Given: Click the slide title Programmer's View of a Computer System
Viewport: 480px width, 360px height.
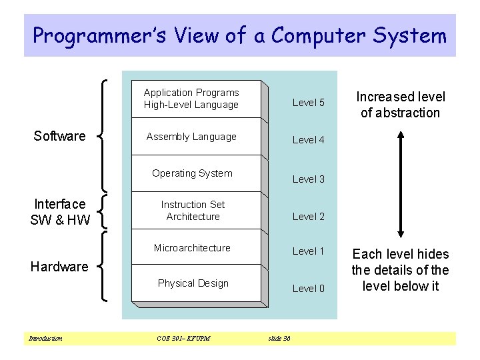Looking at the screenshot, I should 239,35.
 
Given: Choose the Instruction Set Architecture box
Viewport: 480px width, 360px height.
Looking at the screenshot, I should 193,211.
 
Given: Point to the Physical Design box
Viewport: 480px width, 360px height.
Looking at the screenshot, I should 193,283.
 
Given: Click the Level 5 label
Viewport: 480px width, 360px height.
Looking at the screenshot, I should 308,103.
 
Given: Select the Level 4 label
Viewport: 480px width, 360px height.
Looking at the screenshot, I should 308,140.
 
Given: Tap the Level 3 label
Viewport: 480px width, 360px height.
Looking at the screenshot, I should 308,179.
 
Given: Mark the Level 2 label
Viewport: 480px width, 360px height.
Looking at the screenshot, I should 308,216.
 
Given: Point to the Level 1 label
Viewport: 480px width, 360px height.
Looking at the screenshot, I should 308,251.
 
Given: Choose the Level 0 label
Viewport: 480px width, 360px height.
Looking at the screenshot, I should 308,289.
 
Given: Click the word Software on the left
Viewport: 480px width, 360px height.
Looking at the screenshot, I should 59,136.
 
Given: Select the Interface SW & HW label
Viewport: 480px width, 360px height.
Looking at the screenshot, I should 60,212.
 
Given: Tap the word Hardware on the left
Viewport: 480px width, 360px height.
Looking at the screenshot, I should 59,267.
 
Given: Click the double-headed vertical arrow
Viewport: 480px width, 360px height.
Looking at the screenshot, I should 400,183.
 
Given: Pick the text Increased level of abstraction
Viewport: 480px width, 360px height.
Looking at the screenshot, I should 400,105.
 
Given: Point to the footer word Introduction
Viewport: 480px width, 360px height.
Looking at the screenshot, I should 45,339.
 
